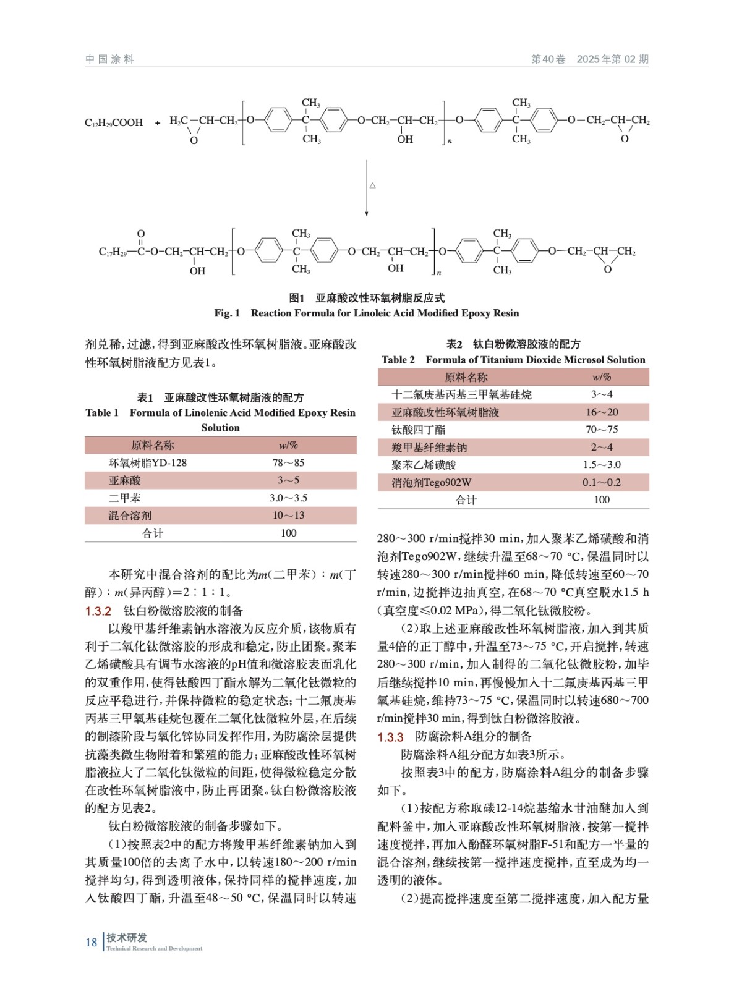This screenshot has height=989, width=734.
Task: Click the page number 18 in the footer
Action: coord(91,942)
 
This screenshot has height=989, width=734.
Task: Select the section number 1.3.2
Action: coord(98,611)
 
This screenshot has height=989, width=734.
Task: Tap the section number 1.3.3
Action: coord(390,737)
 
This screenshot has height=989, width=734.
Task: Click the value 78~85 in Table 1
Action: coord(288,463)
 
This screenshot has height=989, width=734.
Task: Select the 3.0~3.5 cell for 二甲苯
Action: coord(288,498)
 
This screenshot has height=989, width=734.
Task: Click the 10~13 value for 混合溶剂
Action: coord(288,516)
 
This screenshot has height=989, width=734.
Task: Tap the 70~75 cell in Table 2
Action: coord(602,430)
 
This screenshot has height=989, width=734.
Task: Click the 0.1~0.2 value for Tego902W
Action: coord(602,482)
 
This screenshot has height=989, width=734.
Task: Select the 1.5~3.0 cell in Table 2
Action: coord(602,465)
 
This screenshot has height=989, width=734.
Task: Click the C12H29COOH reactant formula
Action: coord(114,123)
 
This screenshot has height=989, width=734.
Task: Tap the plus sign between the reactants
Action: coord(158,123)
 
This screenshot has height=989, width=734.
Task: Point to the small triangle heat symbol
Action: coord(373,185)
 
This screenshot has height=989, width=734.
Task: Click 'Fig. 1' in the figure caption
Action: coord(227,313)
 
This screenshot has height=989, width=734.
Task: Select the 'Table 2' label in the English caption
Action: coord(398,360)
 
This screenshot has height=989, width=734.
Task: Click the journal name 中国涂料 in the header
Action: coord(109,59)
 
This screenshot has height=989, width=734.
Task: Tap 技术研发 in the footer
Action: coord(127,938)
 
